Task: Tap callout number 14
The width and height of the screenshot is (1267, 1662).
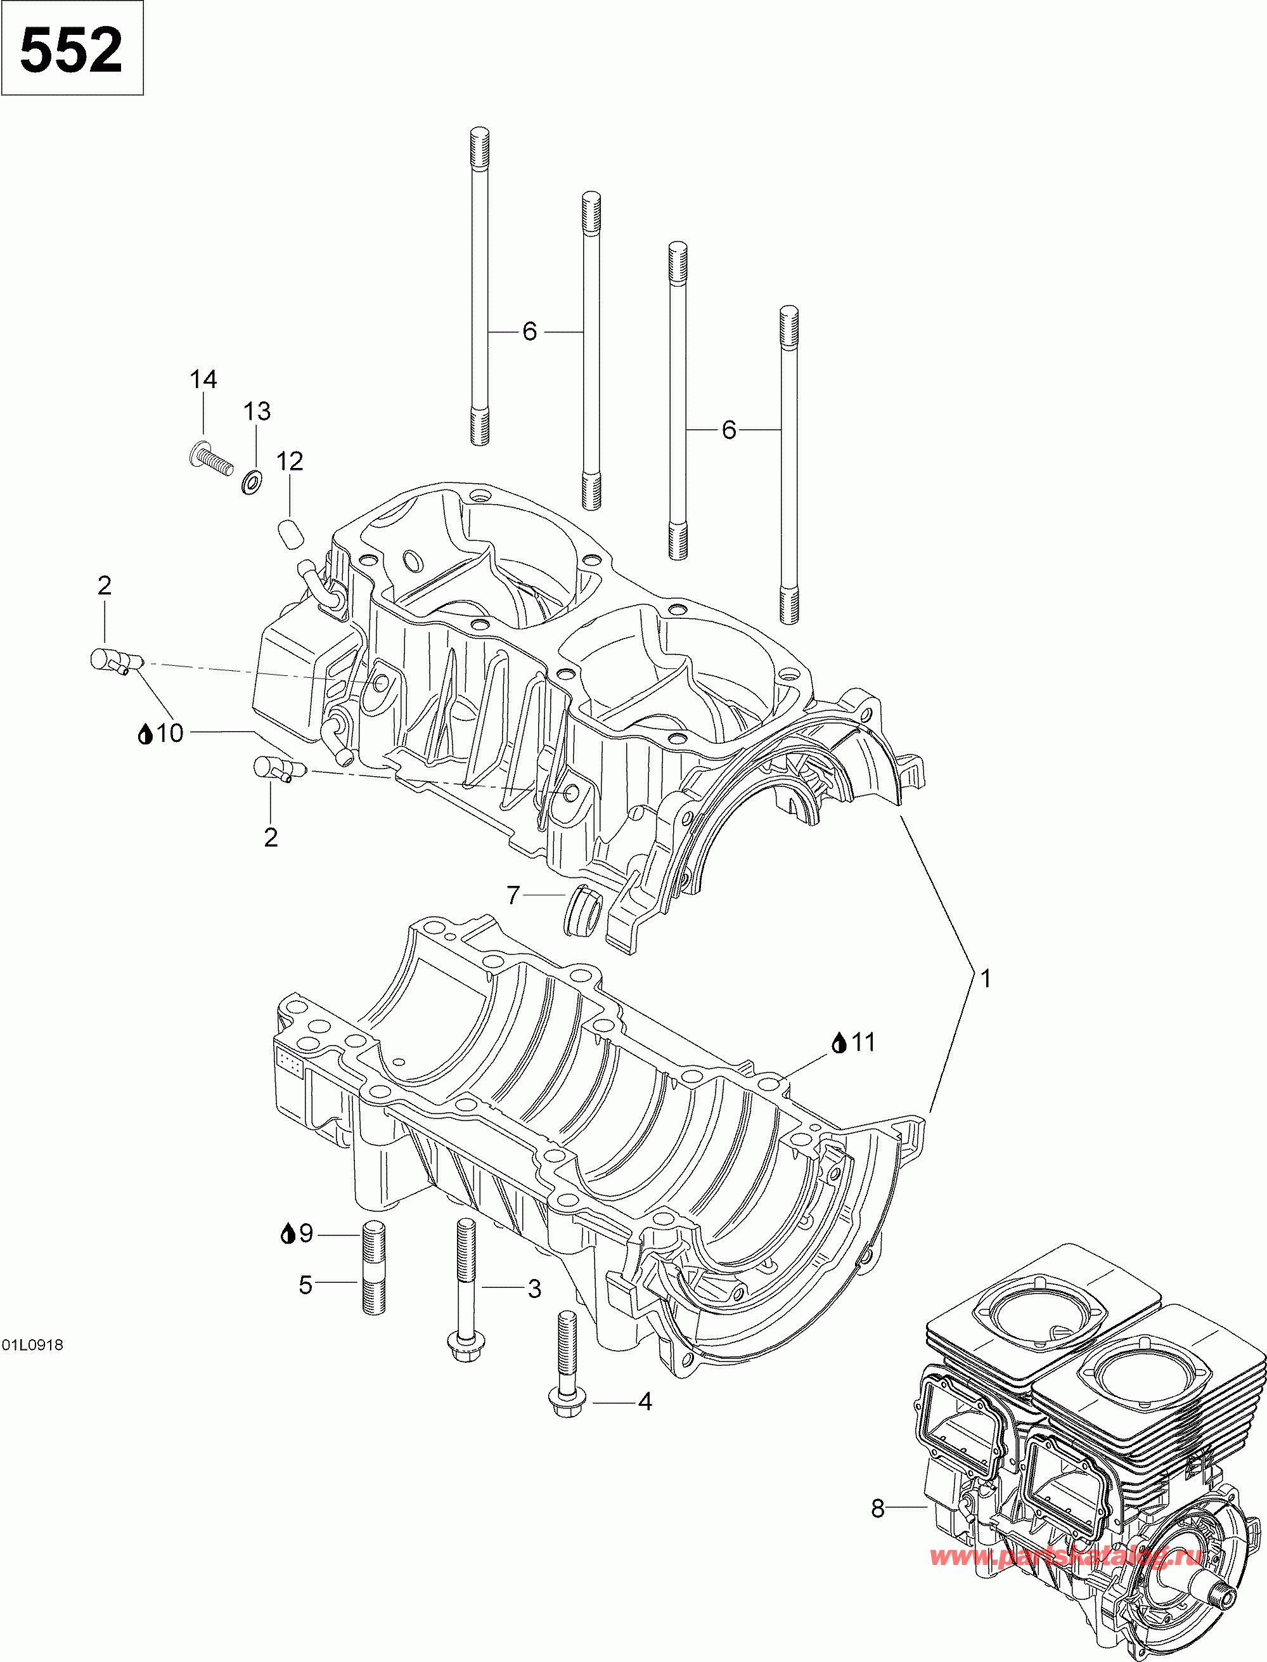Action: (x=203, y=379)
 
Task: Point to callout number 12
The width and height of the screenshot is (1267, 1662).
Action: (x=289, y=461)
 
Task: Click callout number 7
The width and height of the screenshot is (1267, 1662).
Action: (x=513, y=895)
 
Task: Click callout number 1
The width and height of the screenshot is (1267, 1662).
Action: (x=985, y=978)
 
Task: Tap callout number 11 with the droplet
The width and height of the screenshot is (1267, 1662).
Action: (x=853, y=1042)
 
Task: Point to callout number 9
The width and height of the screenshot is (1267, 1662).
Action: (x=297, y=1233)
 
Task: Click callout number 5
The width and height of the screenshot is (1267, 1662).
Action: (x=305, y=1285)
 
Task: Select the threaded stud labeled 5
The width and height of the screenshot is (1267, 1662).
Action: (x=373, y=1268)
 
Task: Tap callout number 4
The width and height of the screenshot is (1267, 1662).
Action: (x=644, y=1402)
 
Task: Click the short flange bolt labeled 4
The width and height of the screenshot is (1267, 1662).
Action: (x=567, y=1364)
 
